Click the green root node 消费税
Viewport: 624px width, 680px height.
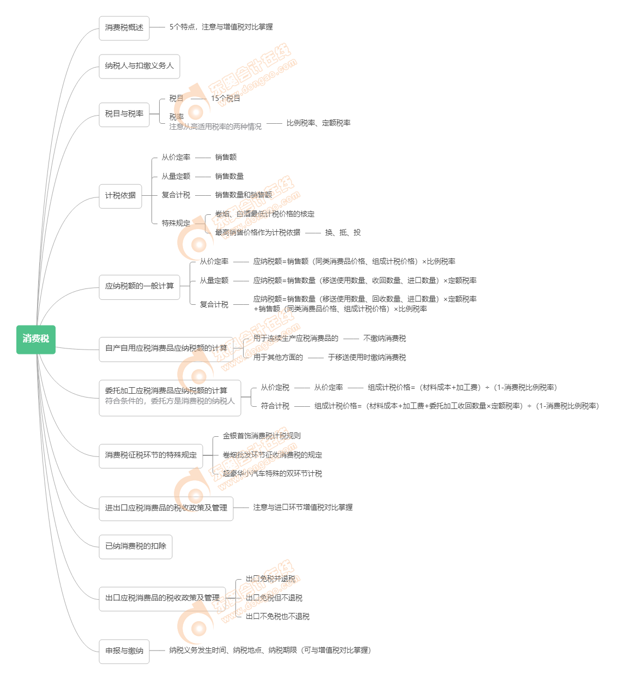click(36, 339)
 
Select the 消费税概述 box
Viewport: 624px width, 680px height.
click(124, 28)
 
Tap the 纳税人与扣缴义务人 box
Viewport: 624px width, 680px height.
click(140, 66)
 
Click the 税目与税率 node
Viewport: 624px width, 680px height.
click(124, 114)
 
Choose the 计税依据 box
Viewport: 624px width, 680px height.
click(120, 196)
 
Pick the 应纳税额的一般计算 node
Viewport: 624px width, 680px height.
click(140, 286)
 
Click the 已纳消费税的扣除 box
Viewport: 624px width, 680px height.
click(136, 546)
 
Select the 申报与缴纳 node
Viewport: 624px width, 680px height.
click(124, 651)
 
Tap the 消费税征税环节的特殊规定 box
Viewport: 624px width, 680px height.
click(151, 455)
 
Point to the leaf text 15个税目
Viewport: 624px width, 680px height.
click(226, 99)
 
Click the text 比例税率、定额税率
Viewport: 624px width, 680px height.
click(319, 123)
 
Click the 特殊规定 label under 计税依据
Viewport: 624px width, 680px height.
click(176, 224)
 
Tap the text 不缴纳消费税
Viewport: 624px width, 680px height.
click(385, 339)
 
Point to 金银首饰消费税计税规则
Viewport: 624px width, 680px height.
click(262, 436)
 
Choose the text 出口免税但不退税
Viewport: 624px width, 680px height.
click(274, 598)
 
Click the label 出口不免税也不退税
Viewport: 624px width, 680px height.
click(277, 617)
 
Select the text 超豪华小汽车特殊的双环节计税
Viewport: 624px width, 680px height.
click(272, 474)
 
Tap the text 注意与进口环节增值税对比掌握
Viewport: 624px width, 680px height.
click(303, 508)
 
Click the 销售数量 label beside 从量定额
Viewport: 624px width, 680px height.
click(229, 177)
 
